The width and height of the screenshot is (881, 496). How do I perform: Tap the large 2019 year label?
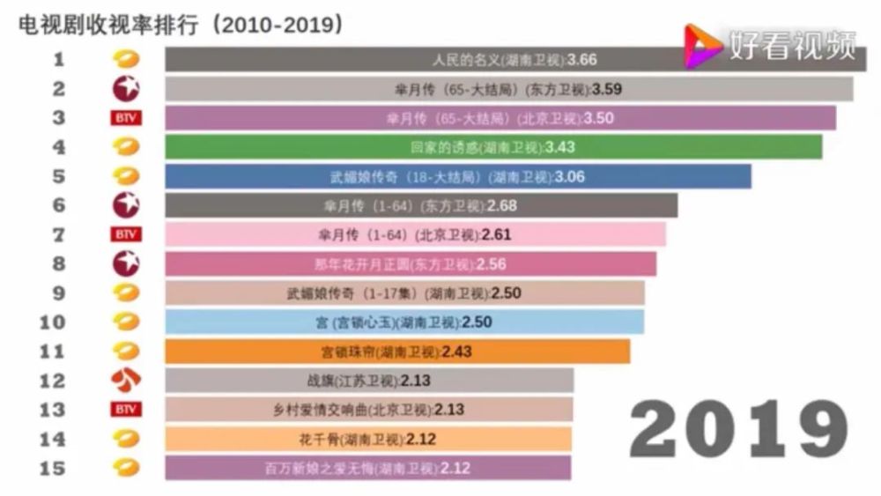point(738,431)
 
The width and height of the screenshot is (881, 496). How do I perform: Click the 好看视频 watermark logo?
point(771,43)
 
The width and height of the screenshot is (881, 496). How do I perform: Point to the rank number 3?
point(59,118)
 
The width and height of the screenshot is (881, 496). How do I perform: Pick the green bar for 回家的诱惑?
point(493,147)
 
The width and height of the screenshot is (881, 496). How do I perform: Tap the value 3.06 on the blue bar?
point(569,176)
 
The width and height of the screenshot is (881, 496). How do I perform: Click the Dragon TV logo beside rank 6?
point(126,205)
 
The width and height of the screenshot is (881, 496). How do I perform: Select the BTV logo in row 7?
point(126,234)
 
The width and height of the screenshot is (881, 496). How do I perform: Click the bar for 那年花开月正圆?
point(411,263)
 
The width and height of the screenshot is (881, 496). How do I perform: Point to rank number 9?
point(59,292)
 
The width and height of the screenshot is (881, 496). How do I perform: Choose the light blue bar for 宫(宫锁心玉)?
point(404,322)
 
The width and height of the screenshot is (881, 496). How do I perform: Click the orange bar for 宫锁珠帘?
point(397,351)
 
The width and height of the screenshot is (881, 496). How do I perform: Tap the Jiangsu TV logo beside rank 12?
point(126,380)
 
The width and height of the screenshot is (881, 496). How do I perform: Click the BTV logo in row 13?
point(126,409)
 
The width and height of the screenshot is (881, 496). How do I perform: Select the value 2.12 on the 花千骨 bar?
point(422,438)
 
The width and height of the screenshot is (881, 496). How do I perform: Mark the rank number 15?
point(53,467)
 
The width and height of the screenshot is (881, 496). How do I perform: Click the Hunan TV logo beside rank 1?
point(126,60)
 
